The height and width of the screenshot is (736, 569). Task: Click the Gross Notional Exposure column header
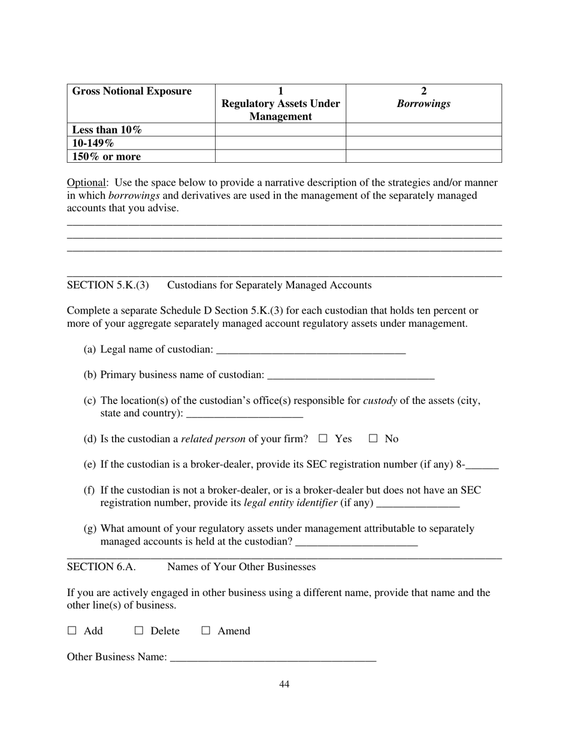132,92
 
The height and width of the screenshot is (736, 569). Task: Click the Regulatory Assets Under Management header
280,104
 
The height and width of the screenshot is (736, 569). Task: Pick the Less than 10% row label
107,130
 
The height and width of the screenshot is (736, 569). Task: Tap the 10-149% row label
93,144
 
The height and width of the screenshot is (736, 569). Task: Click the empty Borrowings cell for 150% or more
424,157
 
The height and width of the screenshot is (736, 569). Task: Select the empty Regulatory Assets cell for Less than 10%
280,130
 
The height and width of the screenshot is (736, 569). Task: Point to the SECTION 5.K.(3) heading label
108,285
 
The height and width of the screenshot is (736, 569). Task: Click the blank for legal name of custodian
310,349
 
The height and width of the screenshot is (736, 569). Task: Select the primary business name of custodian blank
351,375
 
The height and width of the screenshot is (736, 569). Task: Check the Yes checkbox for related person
323,439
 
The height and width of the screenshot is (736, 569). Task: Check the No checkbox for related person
373,439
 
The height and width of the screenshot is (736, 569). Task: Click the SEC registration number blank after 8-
482,465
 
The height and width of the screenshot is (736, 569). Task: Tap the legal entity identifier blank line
419,503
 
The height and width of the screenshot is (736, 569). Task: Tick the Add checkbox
72,631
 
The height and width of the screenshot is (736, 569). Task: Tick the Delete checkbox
139,631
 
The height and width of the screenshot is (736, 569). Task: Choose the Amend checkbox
206,631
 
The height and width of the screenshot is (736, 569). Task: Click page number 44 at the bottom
284,685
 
